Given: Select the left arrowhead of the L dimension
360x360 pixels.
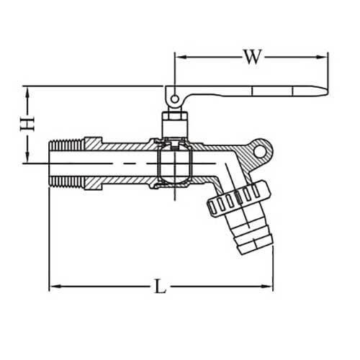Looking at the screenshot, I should [x=54, y=288].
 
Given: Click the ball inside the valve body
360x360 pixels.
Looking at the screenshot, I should [x=174, y=161].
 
